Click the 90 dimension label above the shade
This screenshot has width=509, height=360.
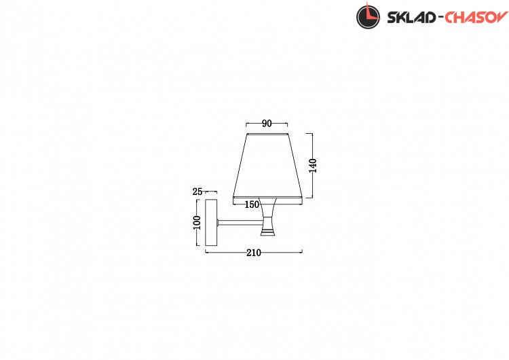click(x=267, y=124)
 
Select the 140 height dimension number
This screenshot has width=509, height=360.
click(x=313, y=165)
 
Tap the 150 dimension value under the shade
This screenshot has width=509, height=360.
click(x=252, y=204)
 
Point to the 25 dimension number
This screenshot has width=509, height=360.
click(x=197, y=192)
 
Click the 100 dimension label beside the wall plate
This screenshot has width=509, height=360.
click(x=197, y=223)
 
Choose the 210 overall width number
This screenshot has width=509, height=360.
click(x=254, y=253)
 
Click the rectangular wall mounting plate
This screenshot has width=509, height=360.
click(x=211, y=223)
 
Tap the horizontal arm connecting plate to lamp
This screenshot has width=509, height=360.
click(x=241, y=223)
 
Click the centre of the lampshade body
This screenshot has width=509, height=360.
click(x=268, y=166)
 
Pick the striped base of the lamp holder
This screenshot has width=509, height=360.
click(x=269, y=232)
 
